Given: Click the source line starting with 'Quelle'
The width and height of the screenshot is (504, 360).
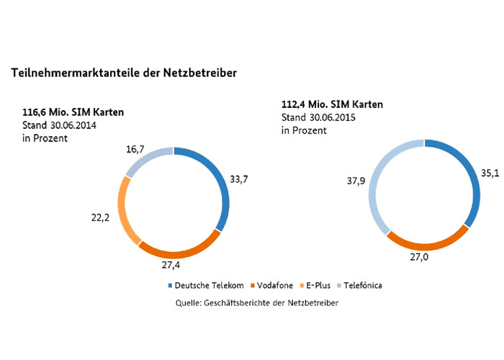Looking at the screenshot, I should point(257,303).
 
